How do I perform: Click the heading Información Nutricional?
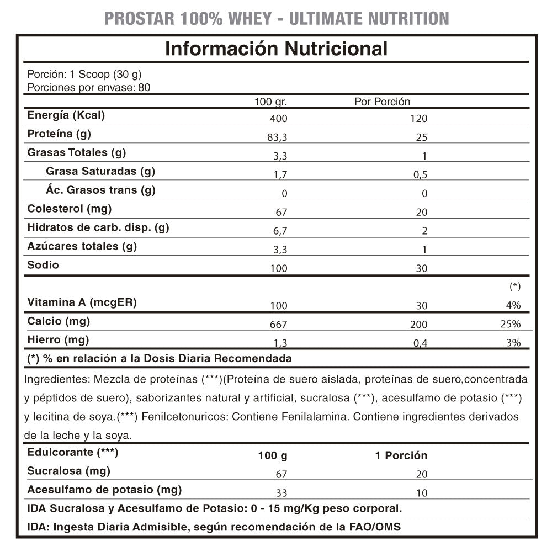(x=276, y=49)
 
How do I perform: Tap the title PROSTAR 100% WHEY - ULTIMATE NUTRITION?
(x=276, y=18)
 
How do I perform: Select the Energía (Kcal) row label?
(x=66, y=115)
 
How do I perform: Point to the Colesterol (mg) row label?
(x=70, y=209)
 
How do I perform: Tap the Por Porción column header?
(x=382, y=102)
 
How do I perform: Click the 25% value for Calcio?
(x=511, y=324)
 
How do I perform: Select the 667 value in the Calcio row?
(x=279, y=324)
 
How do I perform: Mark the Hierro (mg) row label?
(x=58, y=339)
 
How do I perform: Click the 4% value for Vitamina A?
(x=514, y=305)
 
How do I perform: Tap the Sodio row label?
(x=43, y=265)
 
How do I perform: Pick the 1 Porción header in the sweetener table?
(x=401, y=455)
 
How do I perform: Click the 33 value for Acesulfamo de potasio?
(x=282, y=493)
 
